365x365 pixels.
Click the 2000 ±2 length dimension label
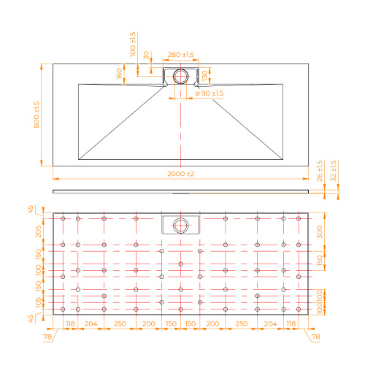[x=180, y=174]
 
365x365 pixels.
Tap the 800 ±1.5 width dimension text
[x=36, y=115]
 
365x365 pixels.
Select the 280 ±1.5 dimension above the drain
[x=180, y=55]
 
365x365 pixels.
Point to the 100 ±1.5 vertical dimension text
[x=133, y=44]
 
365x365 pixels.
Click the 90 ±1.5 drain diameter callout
[x=210, y=93]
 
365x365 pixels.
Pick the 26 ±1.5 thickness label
[x=320, y=171]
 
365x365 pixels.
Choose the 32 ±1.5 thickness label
[x=333, y=171]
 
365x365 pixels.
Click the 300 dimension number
[x=320, y=232]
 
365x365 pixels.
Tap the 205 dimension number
[x=39, y=231]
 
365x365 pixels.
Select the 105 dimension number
[x=39, y=302]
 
